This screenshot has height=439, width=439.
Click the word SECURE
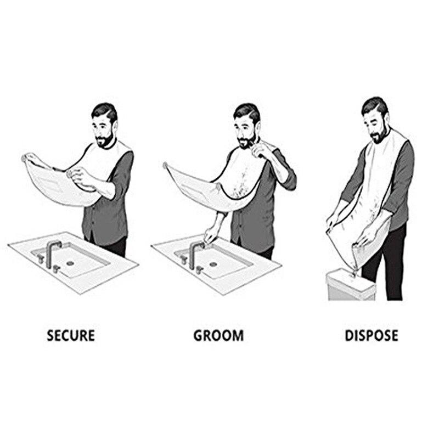pyautogui.click(x=71, y=335)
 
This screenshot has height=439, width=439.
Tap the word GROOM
pyautogui.click(x=218, y=335)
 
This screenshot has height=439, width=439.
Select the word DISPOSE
pyautogui.click(x=371, y=335)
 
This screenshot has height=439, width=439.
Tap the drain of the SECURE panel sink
pyautogui.click(x=70, y=263)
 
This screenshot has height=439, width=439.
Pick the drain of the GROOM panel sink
pyautogui.click(x=213, y=264)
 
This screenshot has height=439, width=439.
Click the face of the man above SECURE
pyautogui.click(x=104, y=129)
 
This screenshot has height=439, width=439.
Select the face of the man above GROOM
pyautogui.click(x=245, y=129)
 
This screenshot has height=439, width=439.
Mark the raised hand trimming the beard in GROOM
pyautogui.click(x=263, y=148)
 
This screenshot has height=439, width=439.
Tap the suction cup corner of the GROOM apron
pyautogui.click(x=165, y=164)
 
